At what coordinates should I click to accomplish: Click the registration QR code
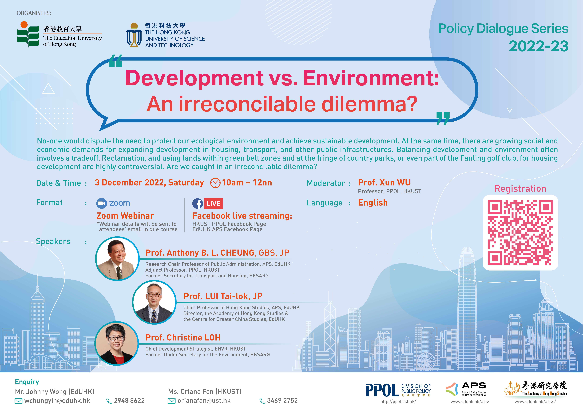pyautogui.click(x=520, y=232)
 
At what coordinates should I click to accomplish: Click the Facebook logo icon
pyautogui.click(x=198, y=203)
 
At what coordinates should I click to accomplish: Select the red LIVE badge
pyautogui.click(x=213, y=203)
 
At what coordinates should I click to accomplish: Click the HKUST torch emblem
pyautogui.click(x=134, y=35)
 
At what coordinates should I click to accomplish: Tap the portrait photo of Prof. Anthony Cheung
pyautogui.click(x=117, y=259)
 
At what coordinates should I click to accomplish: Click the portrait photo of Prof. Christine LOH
pyautogui.click(x=117, y=343)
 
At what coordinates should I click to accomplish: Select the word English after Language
pyautogui.click(x=373, y=203)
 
